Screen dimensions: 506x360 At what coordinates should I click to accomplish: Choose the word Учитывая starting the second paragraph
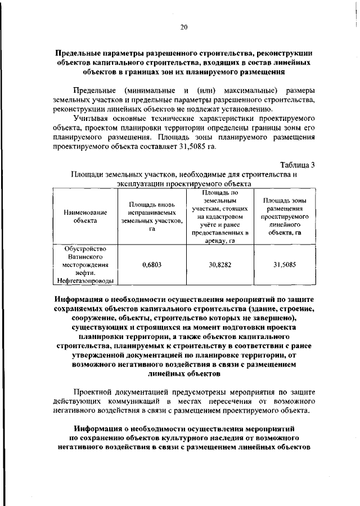pos(93,118)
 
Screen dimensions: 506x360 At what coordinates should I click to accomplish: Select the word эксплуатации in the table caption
pos(140,183)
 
